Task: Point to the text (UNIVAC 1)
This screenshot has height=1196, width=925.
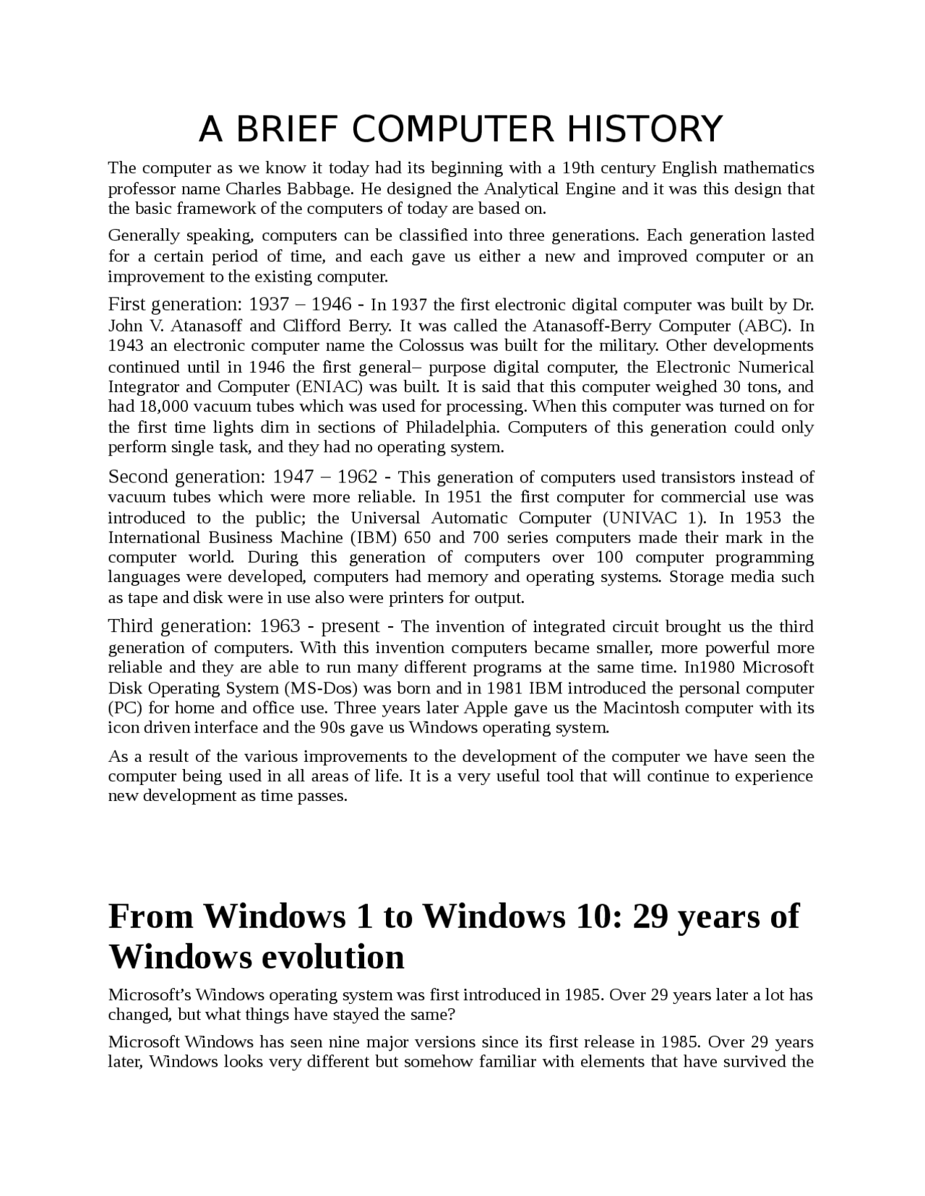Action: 653,518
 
